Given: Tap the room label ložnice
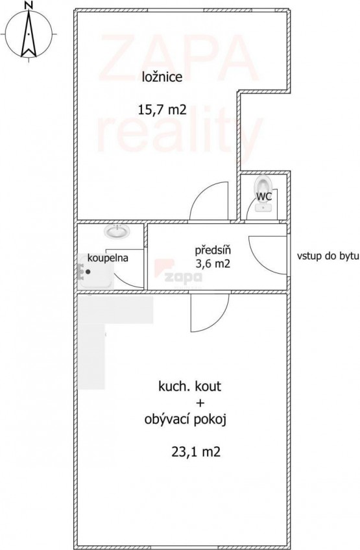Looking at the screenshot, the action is tap(162, 77).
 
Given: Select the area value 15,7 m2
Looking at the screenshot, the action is tap(162, 110).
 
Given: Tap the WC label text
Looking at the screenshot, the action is tap(264, 197).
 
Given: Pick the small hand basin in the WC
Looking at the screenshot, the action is tap(263, 208).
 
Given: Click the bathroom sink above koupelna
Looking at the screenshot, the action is tap(117, 232).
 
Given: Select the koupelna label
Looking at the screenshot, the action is tap(108, 258).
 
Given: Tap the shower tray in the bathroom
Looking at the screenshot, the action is tap(95, 271).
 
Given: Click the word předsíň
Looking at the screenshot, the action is tap(213, 251).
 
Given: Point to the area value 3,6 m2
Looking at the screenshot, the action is tap(213, 264).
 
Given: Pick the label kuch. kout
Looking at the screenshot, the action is tap(190, 386).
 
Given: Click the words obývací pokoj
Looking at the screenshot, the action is tap(185, 420).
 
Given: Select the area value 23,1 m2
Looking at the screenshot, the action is tap(196, 452).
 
